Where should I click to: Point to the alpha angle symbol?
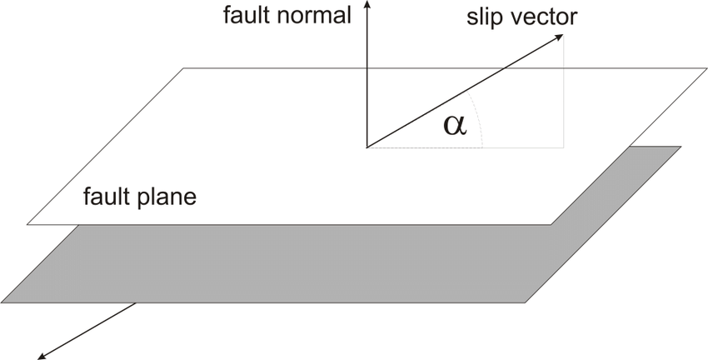[x=455, y=124]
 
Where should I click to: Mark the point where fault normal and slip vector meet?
[x=366, y=147]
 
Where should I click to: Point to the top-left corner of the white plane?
[x=183, y=67]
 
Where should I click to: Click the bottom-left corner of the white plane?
[x=27, y=224]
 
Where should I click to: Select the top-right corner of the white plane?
[x=706, y=67]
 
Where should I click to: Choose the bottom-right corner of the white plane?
[x=550, y=224]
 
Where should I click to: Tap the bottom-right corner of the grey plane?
[x=526, y=302]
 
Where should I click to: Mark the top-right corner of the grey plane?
[x=681, y=147]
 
